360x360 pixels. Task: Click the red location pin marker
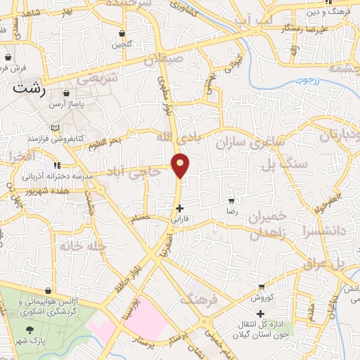coord(181,165)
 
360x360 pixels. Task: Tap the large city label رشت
coord(30,89)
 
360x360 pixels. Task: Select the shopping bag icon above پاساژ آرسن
coord(66,93)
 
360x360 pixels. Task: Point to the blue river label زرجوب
coord(307,81)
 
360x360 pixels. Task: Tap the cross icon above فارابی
coord(180,208)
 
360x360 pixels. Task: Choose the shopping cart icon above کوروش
coord(262,286)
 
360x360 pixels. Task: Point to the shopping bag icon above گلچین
coord(122,33)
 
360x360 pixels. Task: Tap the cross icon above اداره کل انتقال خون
coord(260,314)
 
